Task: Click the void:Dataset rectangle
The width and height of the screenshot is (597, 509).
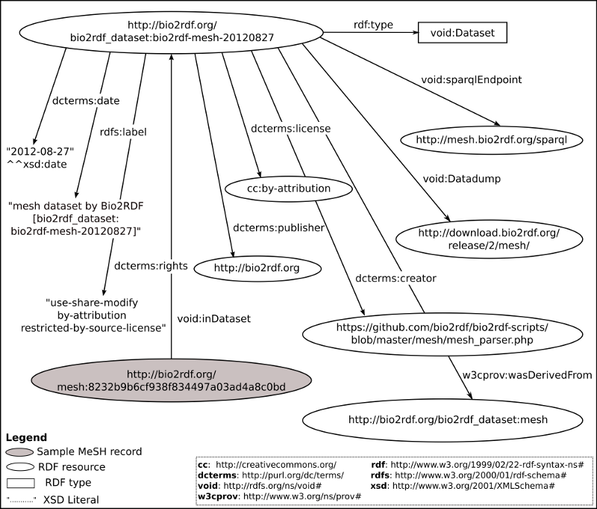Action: pyautogui.click(x=463, y=33)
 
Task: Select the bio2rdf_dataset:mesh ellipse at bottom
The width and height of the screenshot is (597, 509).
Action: pyautogui.click(x=448, y=419)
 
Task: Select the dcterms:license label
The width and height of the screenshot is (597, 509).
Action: pyautogui.click(x=290, y=128)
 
